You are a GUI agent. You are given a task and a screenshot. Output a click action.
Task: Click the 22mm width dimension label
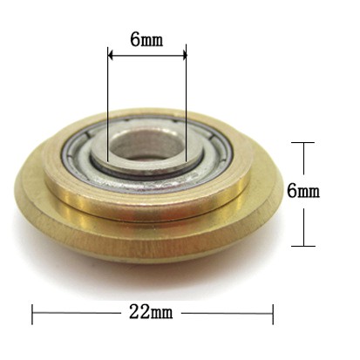(x=151, y=312)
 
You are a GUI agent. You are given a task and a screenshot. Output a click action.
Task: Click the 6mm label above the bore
(x=146, y=39)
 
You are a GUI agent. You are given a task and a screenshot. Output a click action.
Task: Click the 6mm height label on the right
(x=303, y=191)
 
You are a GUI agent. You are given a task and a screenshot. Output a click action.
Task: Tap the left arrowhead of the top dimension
(x=111, y=54)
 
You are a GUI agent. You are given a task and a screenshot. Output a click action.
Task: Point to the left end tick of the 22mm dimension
(x=32, y=314)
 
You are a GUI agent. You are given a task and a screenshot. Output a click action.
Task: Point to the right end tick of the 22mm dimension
(x=273, y=314)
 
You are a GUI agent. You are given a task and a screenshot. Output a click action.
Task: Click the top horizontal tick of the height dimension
(x=302, y=142)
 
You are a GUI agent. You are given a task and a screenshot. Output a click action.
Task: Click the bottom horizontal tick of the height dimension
(x=303, y=246)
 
